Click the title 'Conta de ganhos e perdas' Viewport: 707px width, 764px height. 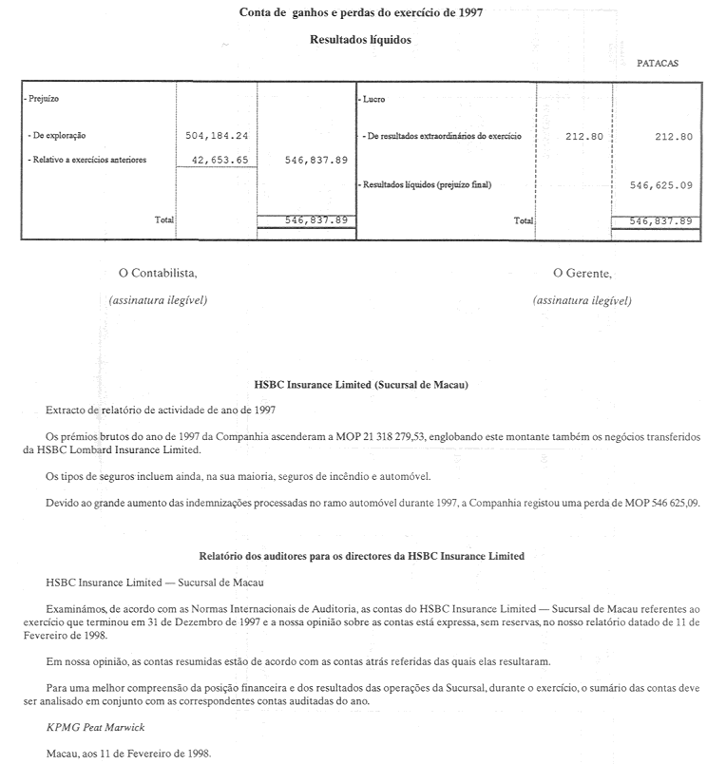(353, 13)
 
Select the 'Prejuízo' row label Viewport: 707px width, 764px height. (43, 99)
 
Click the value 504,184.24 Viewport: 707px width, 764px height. (217, 136)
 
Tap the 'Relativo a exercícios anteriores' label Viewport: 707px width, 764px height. (88, 161)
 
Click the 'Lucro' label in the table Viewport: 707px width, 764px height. (373, 99)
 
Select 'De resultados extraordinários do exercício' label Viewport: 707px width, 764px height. (442, 136)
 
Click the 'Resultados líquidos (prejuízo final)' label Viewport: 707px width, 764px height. (427, 185)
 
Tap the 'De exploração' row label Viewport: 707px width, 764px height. (58, 136)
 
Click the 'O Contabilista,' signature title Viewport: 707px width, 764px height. (158, 273)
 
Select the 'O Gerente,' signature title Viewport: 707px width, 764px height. (582, 273)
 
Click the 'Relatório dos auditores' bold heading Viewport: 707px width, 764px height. (361, 555)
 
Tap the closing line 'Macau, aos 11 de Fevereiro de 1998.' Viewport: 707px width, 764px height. (129, 752)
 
